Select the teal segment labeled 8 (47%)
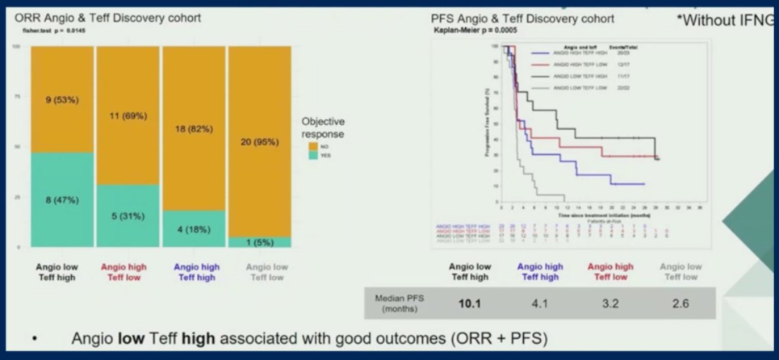tap(62, 199)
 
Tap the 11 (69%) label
tap(128, 116)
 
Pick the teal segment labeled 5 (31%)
tap(128, 216)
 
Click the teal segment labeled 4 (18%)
tap(194, 228)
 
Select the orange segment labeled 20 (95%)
tap(260, 142)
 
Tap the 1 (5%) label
tap(260, 241)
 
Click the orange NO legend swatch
tap(312, 146)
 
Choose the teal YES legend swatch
tap(312, 156)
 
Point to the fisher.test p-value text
tap(52, 31)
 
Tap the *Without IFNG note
tap(730, 20)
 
